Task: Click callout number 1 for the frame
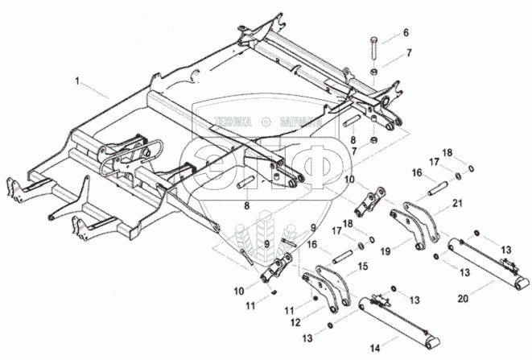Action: click(x=77, y=81)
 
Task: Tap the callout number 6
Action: click(x=406, y=32)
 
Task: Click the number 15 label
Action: click(x=363, y=266)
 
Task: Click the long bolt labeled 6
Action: click(x=373, y=54)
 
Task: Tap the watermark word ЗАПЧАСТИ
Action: click(x=296, y=122)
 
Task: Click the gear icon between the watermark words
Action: click(x=265, y=122)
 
